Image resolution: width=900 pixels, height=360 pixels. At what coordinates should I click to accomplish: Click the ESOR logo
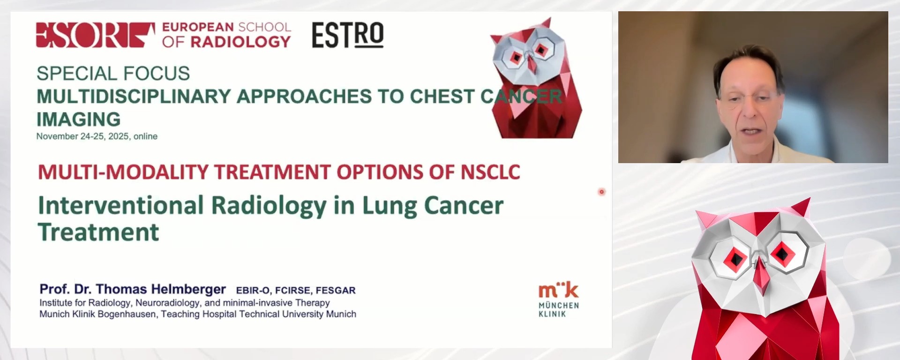tap(95, 35)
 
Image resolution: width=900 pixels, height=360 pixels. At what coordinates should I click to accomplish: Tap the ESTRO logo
tap(347, 35)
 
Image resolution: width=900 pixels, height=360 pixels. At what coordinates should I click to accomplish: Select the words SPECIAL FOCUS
tap(113, 74)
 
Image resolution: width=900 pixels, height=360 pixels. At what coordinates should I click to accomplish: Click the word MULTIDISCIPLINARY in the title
tap(134, 97)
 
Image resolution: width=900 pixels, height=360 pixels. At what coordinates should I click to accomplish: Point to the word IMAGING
tap(78, 119)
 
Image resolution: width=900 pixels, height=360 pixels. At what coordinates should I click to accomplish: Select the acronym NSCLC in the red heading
tap(490, 172)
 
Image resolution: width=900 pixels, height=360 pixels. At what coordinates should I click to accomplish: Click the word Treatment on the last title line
tap(98, 232)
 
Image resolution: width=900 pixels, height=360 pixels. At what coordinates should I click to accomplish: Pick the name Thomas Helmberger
tap(161, 289)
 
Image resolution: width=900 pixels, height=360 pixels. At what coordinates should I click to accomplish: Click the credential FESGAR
tap(335, 291)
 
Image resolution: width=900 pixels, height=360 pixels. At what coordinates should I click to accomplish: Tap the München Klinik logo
tap(558, 300)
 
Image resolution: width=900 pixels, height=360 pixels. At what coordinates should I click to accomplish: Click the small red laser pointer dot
tap(601, 192)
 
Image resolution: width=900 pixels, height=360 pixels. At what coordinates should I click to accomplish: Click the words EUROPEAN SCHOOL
tap(226, 27)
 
